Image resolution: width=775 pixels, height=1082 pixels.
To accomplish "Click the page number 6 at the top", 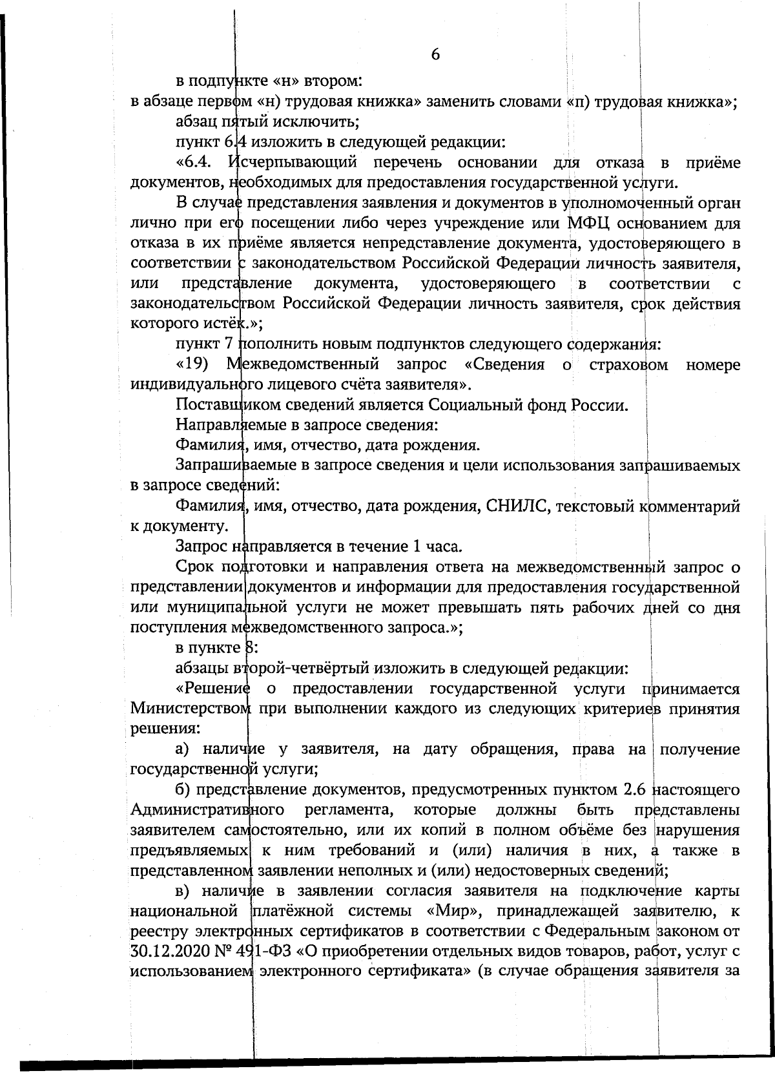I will (435, 55).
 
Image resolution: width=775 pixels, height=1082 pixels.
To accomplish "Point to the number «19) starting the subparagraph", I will (192, 364).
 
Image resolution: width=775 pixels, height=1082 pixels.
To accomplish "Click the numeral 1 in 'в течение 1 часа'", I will (415, 546).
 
